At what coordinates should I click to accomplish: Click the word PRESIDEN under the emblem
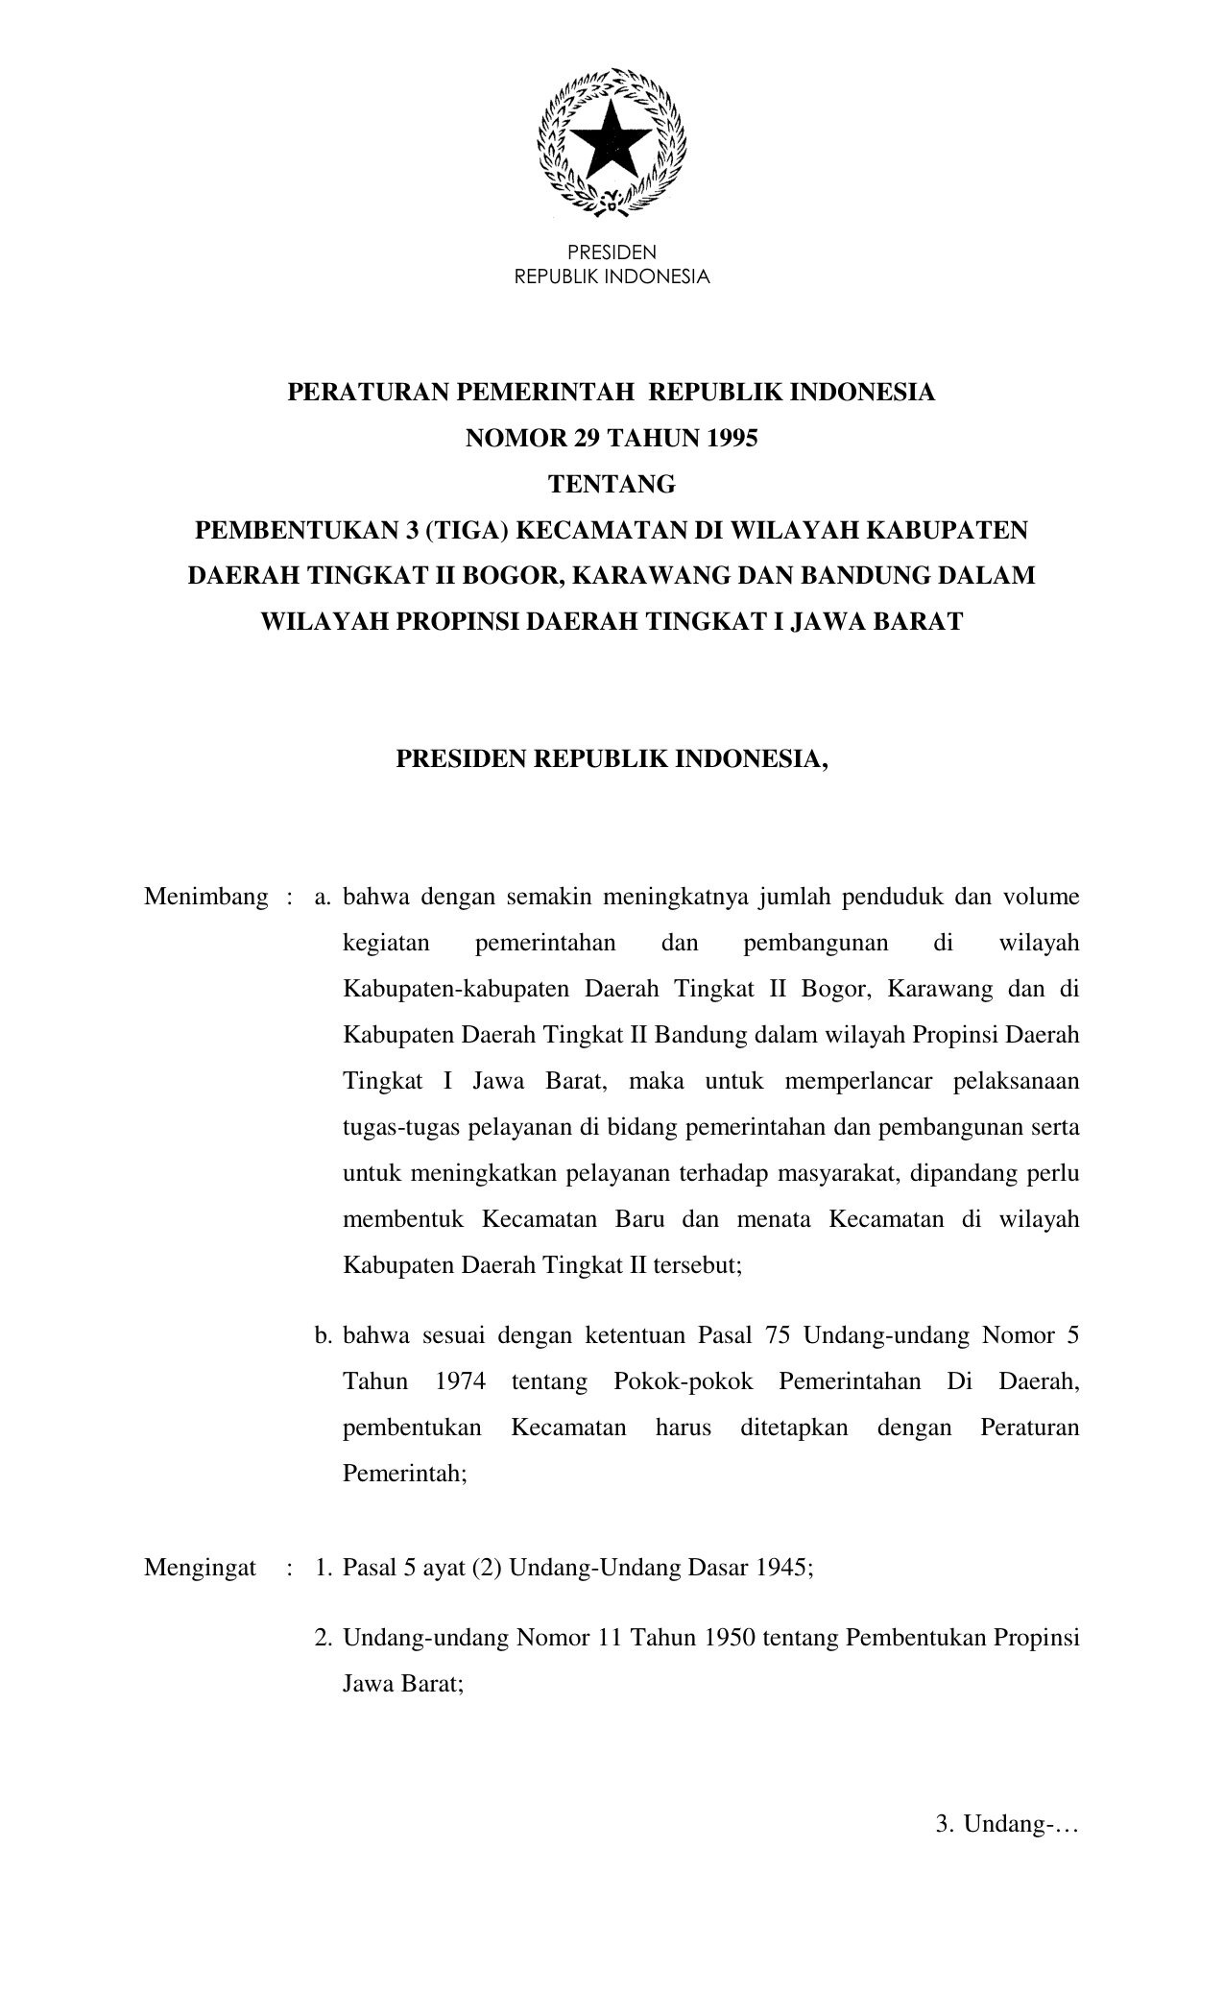(x=612, y=252)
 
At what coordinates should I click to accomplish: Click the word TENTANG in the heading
(x=612, y=485)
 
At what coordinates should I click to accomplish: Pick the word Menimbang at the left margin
(x=206, y=898)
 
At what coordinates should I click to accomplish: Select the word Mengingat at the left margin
(x=200, y=1569)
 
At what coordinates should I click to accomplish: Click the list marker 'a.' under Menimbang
(x=323, y=898)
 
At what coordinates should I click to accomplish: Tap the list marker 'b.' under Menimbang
(x=323, y=1335)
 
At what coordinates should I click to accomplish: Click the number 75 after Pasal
(x=779, y=1335)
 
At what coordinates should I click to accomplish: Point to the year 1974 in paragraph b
(x=460, y=1381)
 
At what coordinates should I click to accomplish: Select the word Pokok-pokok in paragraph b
(x=683, y=1381)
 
